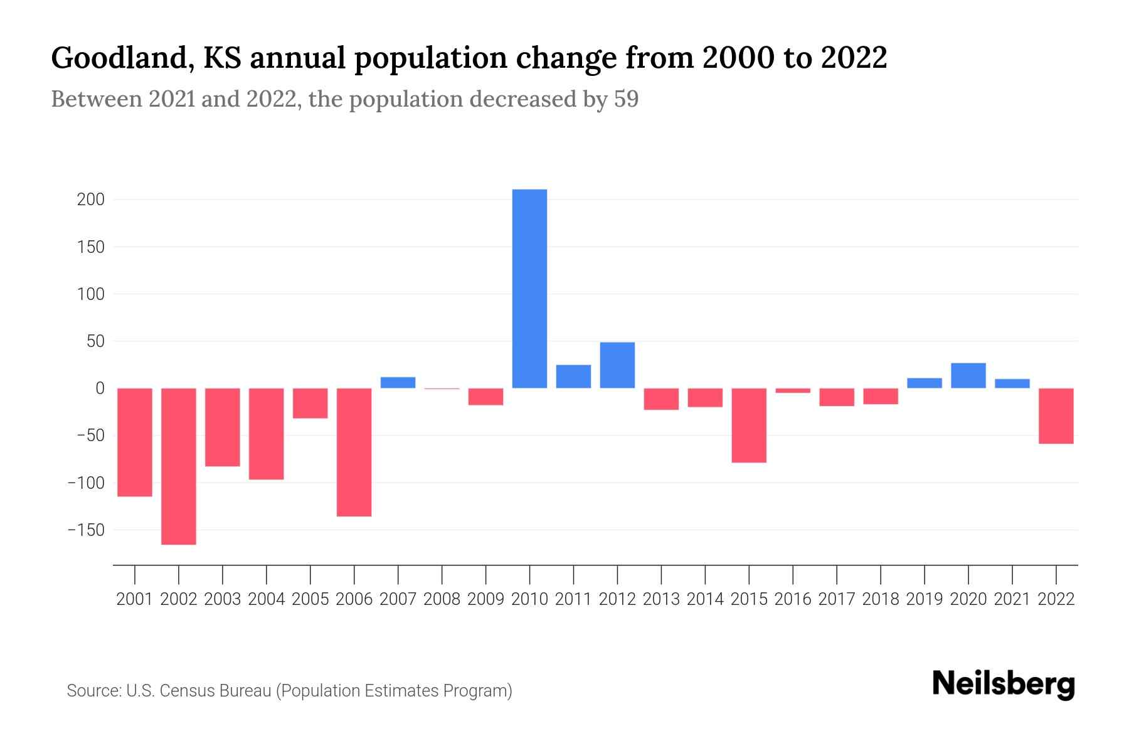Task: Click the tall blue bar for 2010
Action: pos(529,289)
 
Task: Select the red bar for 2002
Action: pos(179,466)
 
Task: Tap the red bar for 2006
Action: pos(354,452)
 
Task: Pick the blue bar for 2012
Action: pos(617,365)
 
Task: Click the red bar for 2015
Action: pos(749,425)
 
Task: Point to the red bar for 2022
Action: pos(1056,416)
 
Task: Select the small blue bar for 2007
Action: pos(398,383)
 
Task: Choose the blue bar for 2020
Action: pos(968,375)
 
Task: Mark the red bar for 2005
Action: pos(310,403)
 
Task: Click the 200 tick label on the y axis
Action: pos(90,200)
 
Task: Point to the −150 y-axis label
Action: pos(86,530)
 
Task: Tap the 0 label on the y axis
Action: pos(100,388)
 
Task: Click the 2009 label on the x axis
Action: pos(485,599)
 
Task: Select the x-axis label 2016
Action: pos(793,599)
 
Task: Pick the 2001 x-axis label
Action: pos(135,599)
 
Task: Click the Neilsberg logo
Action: pos(1004,684)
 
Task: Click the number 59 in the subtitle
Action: pos(626,99)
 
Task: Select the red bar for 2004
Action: pos(267,434)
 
